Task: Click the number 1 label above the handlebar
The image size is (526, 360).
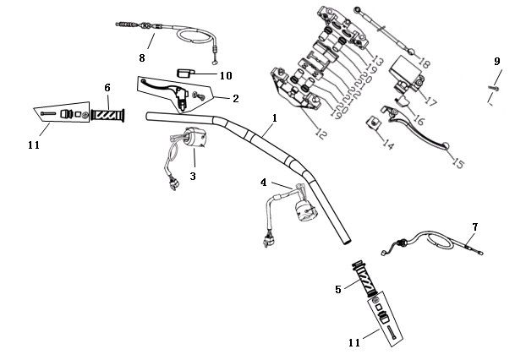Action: [274, 120]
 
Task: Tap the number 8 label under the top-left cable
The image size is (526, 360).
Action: [142, 58]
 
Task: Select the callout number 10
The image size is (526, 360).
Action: [226, 75]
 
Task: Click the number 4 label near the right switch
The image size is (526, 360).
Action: [264, 183]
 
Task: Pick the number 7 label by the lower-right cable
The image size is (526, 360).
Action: [475, 227]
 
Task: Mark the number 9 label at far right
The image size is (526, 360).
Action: [497, 62]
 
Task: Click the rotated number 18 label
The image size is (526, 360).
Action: [424, 63]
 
